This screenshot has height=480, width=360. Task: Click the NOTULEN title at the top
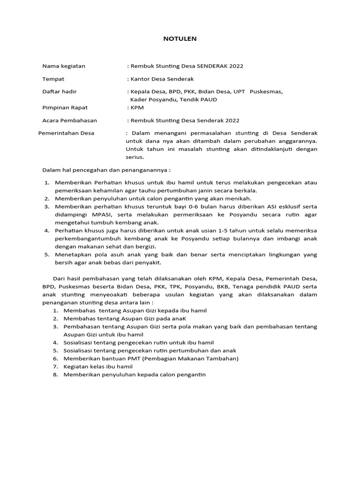(x=180, y=39)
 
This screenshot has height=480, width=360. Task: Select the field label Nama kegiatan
(x=64, y=66)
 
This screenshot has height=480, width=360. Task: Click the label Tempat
(x=53, y=79)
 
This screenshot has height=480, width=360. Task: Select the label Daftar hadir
(x=60, y=91)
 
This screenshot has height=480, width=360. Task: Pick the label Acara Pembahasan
(x=69, y=120)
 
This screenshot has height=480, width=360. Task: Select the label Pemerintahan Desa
(x=66, y=133)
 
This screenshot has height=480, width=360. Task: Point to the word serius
(x=135, y=157)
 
